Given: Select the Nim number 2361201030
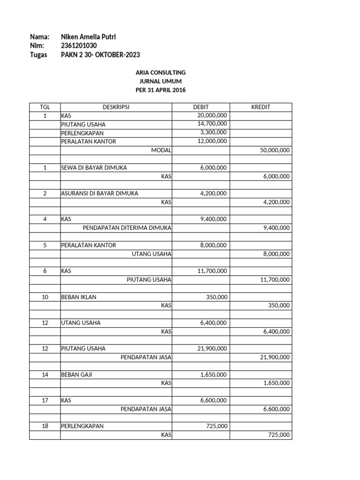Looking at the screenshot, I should tap(79, 45).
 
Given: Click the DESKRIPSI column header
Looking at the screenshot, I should tap(116, 107).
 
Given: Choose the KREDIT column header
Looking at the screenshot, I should tap(261, 107).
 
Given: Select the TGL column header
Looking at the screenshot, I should tap(45, 107).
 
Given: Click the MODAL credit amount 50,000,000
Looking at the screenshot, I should tap(274, 150).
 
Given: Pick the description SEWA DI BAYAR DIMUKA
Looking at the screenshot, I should tap(94, 168).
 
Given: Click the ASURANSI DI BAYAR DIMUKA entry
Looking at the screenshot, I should tap(99, 194).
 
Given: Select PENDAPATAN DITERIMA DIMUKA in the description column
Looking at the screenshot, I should tap(127, 228).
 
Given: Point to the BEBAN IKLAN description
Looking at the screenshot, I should tap(78, 297).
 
